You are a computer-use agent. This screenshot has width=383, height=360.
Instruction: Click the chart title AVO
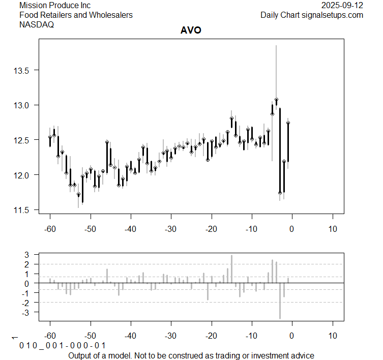pyautogui.click(x=191, y=30)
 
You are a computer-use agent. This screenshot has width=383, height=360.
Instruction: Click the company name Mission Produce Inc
pyautogui.click(x=55, y=6)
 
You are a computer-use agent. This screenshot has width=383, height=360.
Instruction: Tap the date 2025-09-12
pyautogui.click(x=342, y=6)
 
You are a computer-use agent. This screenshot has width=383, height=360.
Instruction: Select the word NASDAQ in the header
pyautogui.click(x=37, y=24)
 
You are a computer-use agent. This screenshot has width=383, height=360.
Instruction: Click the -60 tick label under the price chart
pyautogui.click(x=50, y=229)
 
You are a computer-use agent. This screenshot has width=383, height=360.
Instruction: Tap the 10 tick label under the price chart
pyautogui.click(x=332, y=229)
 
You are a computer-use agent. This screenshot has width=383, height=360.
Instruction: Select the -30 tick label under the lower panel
pyautogui.click(x=171, y=336)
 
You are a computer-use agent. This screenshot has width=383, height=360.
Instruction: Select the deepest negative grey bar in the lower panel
pyautogui.click(x=280, y=301)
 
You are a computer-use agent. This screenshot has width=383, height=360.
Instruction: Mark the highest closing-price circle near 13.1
pyautogui.click(x=276, y=100)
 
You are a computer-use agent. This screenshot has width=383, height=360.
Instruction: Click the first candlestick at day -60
pyautogui.click(x=50, y=137)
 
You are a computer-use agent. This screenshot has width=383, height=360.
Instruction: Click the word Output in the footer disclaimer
pyautogui.click(x=80, y=355)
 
